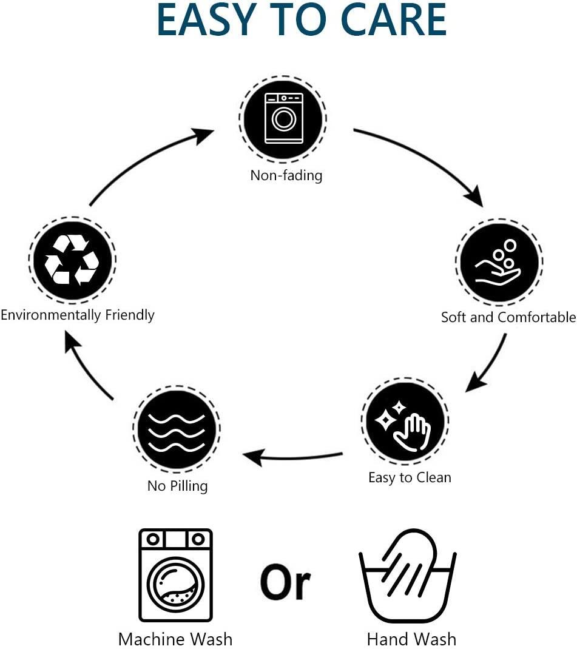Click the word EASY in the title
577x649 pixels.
pyautogui.click(x=206, y=19)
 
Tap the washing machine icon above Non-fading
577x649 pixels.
pyautogui.click(x=283, y=118)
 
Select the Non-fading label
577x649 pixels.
pyautogui.click(x=286, y=175)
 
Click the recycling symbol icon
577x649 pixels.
pyautogui.click(x=72, y=260)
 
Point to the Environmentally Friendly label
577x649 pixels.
pyautogui.click(x=78, y=315)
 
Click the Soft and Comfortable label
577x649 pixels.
pyautogui.click(x=508, y=317)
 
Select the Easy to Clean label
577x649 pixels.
pyautogui.click(x=410, y=477)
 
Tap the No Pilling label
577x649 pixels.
pyautogui.click(x=178, y=485)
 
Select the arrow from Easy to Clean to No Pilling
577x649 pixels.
pyautogui.click(x=292, y=457)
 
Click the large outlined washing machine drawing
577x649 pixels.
pyautogui.click(x=175, y=576)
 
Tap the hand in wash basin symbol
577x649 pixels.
pyautogui.click(x=408, y=576)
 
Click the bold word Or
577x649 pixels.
pyautogui.click(x=286, y=582)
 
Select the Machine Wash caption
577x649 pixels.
pyautogui.click(x=175, y=639)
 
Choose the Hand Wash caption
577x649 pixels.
pyautogui.click(x=411, y=639)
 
